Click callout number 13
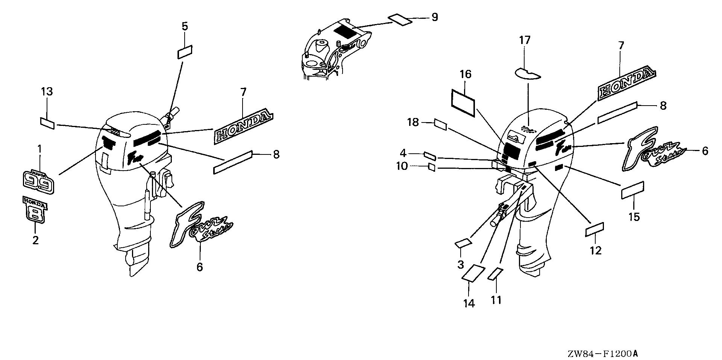[x=47, y=92]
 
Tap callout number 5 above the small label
[x=185, y=26]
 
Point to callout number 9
[x=435, y=17]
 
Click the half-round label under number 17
[x=527, y=73]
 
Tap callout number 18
[x=413, y=122]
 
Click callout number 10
[x=402, y=166]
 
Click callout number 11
[x=496, y=300]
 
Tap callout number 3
[x=461, y=264]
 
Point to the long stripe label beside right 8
[x=617, y=112]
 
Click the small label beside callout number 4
[x=429, y=156]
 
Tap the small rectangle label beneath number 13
[x=47, y=123]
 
